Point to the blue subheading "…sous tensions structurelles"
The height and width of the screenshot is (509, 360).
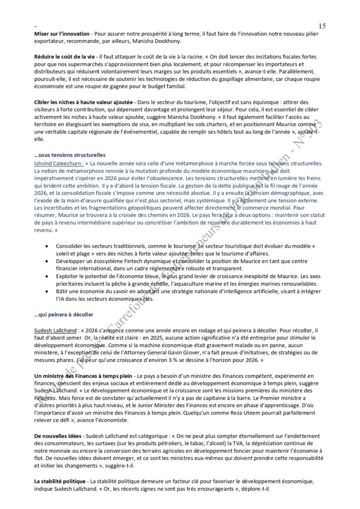(x=69, y=155)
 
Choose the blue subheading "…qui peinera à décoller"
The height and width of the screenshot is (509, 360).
(x=64, y=315)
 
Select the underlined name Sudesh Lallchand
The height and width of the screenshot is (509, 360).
(x=55, y=330)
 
